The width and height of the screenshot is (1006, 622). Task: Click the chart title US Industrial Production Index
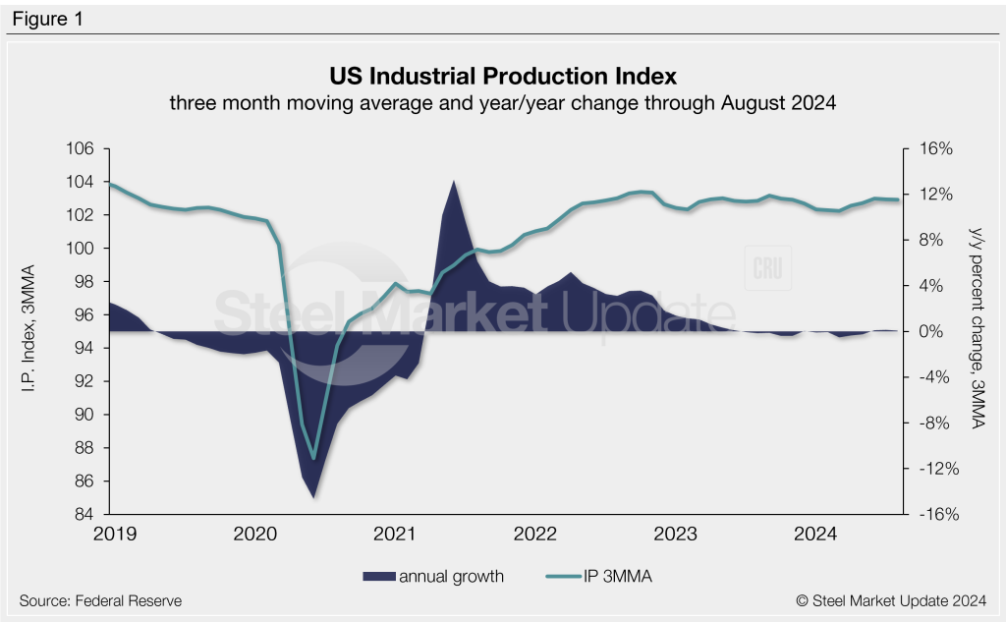tap(502, 76)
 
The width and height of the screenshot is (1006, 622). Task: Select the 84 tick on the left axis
tap(84, 514)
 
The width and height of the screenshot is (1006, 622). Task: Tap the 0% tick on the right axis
tap(929, 331)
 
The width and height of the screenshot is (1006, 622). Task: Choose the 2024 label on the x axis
tap(814, 534)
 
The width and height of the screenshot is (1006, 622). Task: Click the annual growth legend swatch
tap(378, 577)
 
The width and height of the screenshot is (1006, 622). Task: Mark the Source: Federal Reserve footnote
tap(100, 600)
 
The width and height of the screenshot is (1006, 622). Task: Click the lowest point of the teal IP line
tap(314, 458)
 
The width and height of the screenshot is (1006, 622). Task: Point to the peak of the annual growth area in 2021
tap(453, 182)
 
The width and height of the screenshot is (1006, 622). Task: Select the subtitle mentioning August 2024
tap(502, 103)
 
